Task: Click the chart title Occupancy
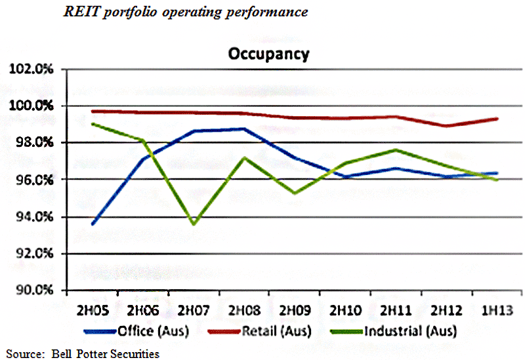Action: point(268,54)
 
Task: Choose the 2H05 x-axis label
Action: point(93,308)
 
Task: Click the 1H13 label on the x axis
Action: point(497,308)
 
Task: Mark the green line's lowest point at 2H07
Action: point(194,224)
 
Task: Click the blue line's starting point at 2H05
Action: point(93,224)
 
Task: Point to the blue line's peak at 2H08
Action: point(244,129)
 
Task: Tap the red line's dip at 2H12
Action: point(447,126)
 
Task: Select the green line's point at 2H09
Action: point(295,193)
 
